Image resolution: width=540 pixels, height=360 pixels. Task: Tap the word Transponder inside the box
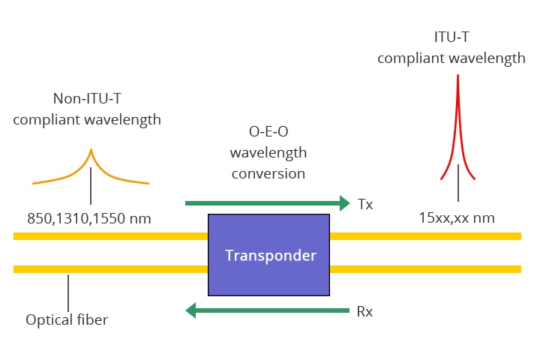(x=271, y=256)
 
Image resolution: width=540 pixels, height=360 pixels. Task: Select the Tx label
(x=366, y=204)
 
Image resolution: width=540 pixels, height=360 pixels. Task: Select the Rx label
(x=365, y=312)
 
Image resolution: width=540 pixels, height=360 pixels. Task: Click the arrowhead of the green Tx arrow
(x=345, y=203)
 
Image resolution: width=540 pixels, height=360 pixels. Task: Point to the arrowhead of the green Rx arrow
(x=191, y=310)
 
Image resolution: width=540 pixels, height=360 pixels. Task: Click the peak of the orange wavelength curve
(x=91, y=151)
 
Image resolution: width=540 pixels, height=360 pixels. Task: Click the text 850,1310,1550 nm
(x=89, y=219)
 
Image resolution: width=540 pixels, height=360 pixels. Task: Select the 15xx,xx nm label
(x=456, y=219)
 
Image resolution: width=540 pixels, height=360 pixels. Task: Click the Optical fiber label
(x=67, y=320)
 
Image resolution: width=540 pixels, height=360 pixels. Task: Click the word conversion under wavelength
(x=268, y=173)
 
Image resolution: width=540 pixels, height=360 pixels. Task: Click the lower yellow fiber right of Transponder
(x=424, y=268)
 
